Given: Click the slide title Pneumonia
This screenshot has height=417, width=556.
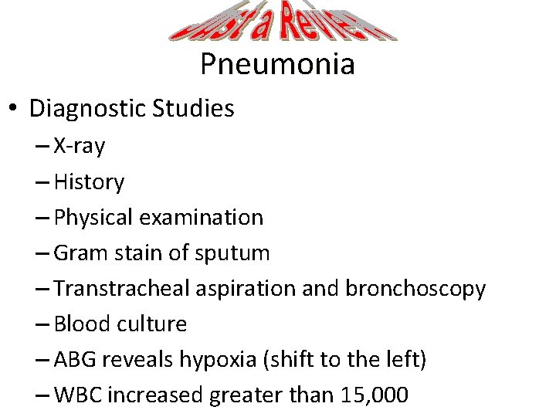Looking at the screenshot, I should pyautogui.click(x=277, y=63).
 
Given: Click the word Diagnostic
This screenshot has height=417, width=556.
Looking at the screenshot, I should pyautogui.click(x=86, y=109).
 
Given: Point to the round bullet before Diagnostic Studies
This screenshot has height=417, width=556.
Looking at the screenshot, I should pyautogui.click(x=14, y=109).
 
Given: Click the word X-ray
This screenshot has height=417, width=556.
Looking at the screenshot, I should pyautogui.click(x=80, y=146).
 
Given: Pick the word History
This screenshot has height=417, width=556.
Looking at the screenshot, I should pyautogui.click(x=89, y=182).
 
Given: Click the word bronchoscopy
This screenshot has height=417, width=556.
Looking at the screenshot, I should pyautogui.click(x=415, y=289).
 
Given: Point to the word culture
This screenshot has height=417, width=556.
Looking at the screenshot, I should pyautogui.click(x=151, y=324).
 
